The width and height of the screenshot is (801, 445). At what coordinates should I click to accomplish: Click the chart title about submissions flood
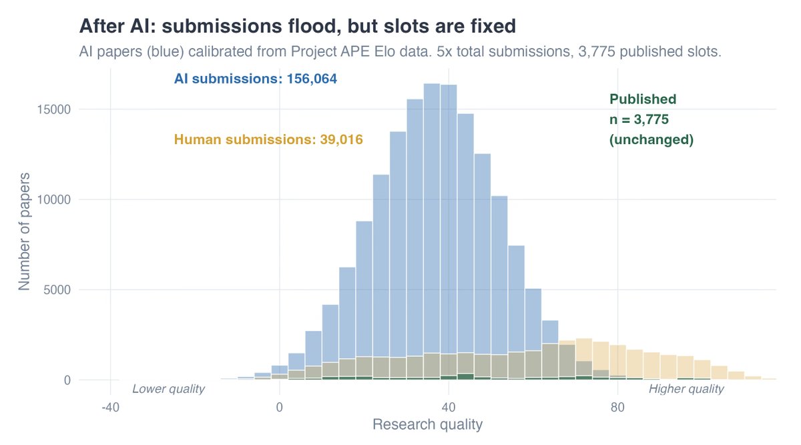point(297,26)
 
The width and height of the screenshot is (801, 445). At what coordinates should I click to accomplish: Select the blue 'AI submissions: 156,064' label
point(256,79)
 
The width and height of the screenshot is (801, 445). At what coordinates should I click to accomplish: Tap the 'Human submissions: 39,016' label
point(268,140)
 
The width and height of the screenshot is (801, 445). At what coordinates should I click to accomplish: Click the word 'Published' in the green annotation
point(643,99)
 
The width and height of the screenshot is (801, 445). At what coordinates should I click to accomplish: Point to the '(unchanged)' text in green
point(651,141)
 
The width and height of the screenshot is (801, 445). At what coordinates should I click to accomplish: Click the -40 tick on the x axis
point(110,406)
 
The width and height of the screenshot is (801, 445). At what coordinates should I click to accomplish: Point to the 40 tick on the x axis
point(448,406)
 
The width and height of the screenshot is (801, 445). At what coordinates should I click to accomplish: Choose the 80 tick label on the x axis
point(617,406)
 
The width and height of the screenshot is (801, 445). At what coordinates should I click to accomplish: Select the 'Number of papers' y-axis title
point(24,231)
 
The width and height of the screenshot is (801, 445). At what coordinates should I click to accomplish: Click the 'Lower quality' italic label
point(168,389)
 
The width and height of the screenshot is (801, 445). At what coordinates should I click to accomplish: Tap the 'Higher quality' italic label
point(686,389)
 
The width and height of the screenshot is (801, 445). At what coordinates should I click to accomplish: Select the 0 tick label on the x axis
point(279,406)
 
